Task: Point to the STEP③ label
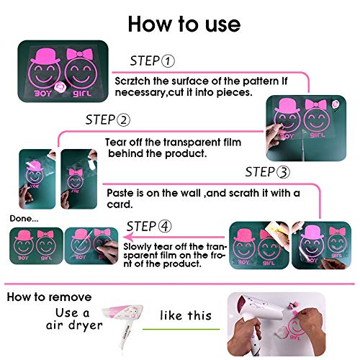[x=268, y=172]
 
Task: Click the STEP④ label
[x=149, y=226]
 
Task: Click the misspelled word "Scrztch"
[x=134, y=79]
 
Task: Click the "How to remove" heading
[x=50, y=297]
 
